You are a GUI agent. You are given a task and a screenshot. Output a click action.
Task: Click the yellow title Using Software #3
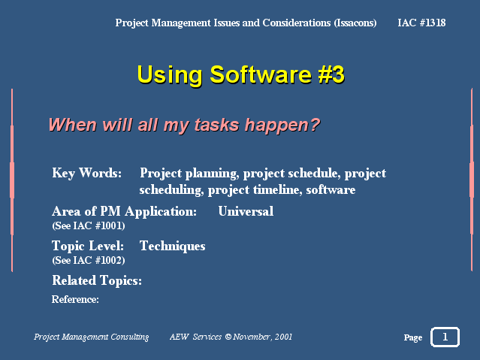241,74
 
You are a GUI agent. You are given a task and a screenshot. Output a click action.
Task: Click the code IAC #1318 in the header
421,23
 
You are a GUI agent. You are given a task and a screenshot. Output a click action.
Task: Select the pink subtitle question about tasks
184,125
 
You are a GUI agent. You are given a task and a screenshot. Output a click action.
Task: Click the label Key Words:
86,174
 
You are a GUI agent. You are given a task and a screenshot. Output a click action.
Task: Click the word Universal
246,211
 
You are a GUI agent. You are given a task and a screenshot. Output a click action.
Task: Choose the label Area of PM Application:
124,212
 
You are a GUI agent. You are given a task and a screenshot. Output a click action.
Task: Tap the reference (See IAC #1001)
89,225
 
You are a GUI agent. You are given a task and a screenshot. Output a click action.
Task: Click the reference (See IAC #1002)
89,261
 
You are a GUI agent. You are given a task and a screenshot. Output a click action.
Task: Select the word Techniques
172,247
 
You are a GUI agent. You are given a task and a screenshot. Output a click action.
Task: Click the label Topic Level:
88,247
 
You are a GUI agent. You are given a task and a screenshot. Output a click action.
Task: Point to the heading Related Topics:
97,280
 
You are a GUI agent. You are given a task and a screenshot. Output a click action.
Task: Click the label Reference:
75,299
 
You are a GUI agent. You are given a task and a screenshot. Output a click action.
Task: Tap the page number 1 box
445,337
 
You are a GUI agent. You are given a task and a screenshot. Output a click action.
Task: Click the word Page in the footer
413,337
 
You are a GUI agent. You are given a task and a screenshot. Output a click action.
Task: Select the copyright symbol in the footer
228,337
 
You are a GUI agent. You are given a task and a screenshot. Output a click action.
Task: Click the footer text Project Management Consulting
91,337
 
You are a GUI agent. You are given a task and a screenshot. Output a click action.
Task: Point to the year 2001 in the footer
283,337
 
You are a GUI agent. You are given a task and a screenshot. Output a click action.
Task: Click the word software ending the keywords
331,190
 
